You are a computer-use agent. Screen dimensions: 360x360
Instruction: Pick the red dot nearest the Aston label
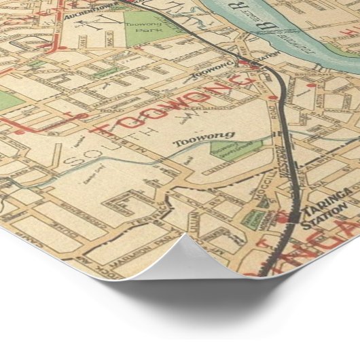310,86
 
